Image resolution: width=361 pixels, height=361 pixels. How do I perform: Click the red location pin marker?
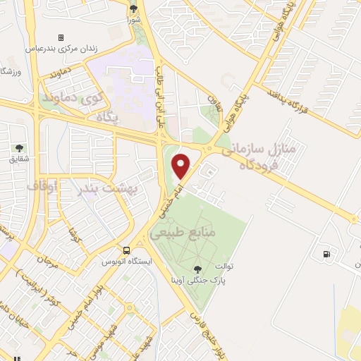pos(183,166)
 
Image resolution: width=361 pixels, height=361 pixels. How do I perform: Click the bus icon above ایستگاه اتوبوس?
pos(126,250)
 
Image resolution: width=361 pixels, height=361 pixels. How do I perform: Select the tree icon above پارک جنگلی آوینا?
pos(197,269)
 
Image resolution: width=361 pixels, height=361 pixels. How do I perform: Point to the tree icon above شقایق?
pos(19,148)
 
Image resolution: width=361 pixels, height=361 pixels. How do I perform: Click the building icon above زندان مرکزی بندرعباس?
pos(61,37)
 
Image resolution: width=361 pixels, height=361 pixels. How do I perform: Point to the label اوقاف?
pos(42,187)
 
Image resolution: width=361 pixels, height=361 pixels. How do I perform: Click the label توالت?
pos(234,267)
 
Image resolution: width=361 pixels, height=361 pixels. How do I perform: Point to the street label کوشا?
pos(72,229)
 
